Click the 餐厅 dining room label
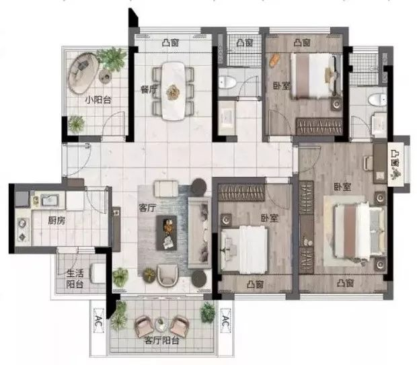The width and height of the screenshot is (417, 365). tap(149, 89)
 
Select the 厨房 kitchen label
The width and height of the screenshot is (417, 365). tap(56, 220)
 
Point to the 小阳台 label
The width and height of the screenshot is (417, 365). tap(98, 100)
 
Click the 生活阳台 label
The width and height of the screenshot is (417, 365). tap(75, 279)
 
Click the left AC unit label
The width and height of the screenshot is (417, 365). tap(99, 321)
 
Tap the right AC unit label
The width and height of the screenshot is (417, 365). tap(225, 321)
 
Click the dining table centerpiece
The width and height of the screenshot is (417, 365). tap(173, 92)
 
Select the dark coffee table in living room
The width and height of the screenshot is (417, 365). tap(167, 233)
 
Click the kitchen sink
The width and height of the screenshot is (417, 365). tap(50, 200)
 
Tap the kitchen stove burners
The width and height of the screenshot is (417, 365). tap(22, 229)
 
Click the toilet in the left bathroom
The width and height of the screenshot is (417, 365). tap(227, 82)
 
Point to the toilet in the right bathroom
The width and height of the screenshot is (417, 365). tap(377, 100)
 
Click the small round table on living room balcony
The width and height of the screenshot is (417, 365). tap(161, 324)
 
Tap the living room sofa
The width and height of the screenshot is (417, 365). tap(200, 233)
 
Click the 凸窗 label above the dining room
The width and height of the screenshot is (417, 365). tap(170, 42)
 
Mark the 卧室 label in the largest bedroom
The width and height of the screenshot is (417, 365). tap(342, 187)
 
